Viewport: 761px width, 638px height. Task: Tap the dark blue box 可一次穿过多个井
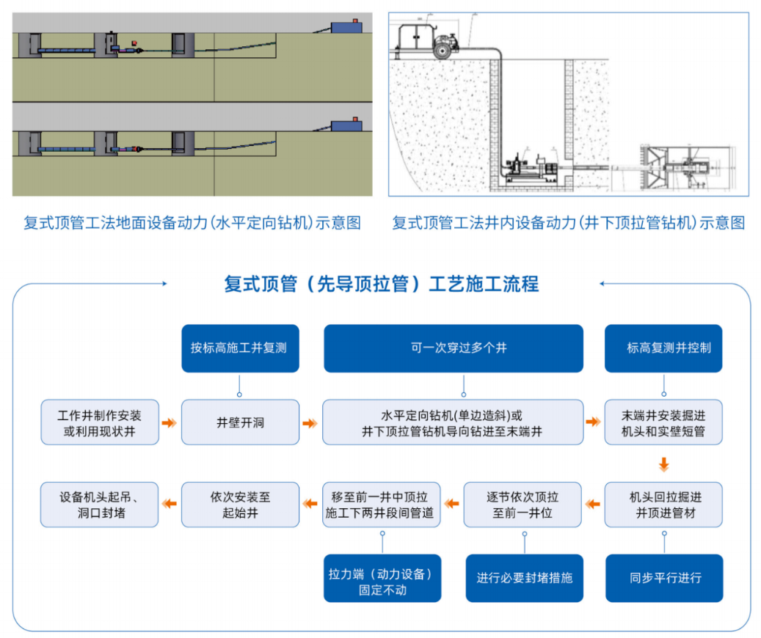pos(454,348)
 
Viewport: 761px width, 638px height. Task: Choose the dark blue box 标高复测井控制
pos(663,348)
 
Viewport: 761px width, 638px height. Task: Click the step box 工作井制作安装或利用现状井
pos(99,422)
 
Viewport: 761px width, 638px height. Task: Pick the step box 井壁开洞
pos(240,422)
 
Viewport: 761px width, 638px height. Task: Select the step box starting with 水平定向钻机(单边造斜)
pos(454,422)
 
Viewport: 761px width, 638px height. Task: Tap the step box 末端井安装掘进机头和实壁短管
pos(663,422)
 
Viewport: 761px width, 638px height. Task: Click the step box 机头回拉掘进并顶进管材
pos(663,505)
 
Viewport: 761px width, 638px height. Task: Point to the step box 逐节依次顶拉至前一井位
pos(522,505)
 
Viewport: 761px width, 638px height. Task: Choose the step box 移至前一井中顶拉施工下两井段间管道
pos(382,505)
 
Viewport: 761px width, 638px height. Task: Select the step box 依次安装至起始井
pos(240,505)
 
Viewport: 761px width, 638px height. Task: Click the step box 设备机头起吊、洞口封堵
pos(99,505)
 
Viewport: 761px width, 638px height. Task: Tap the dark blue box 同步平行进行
pos(663,578)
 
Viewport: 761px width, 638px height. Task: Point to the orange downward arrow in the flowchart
pos(663,463)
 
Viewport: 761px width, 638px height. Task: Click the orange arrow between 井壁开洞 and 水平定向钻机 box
pos(310,423)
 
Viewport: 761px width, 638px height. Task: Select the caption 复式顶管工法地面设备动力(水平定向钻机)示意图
pos(192,223)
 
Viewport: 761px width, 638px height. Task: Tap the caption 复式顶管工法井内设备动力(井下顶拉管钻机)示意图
pos(568,223)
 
